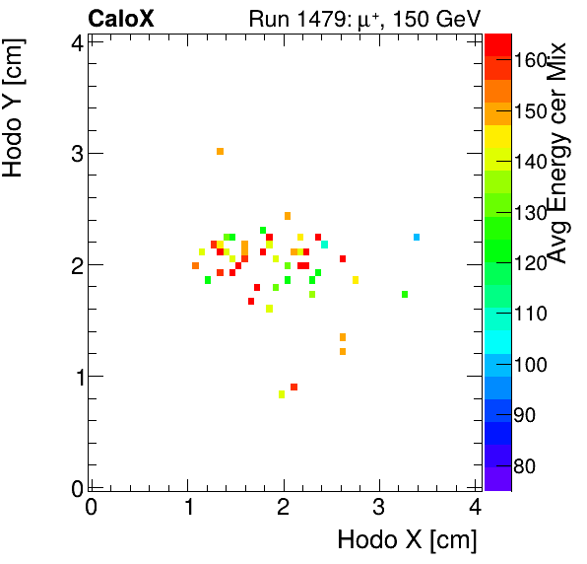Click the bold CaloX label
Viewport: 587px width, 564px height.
coord(120,18)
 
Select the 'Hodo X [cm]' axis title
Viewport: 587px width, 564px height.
coord(407,540)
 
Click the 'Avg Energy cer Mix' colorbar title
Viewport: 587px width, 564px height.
coord(557,154)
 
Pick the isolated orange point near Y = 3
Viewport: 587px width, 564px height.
coord(220,151)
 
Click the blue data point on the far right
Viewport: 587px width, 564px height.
coord(417,237)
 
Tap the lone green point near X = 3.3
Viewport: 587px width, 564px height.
coord(405,294)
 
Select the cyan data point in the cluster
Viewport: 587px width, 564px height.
coord(324,244)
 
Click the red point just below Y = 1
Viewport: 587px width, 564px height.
coord(293,387)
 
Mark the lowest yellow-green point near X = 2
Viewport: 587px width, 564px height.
coord(282,393)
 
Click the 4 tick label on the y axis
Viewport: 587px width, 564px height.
coord(75,41)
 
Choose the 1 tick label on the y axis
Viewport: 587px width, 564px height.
coord(75,377)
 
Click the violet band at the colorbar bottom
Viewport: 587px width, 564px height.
coord(497,477)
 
